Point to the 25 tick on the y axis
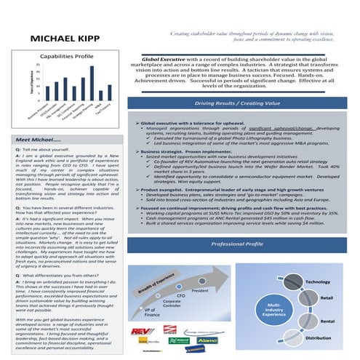tap(27, 65)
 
